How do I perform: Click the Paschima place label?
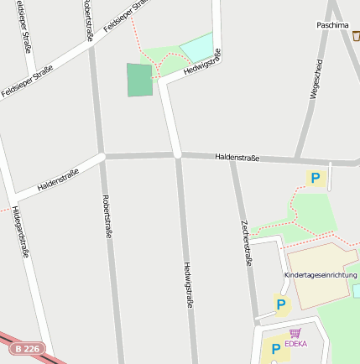tap(333, 25)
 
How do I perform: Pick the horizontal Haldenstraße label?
tap(237, 157)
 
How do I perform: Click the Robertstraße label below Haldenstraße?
tap(107, 217)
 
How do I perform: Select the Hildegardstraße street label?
tap(21, 231)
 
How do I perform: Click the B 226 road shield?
tap(26, 347)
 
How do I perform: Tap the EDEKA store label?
tap(295, 344)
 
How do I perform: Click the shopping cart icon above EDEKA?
tap(295, 333)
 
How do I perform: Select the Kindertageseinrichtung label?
tap(321, 275)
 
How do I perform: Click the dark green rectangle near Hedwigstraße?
tap(139, 80)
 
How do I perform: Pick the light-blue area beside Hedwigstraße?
tap(196, 47)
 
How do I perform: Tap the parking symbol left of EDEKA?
tap(275, 348)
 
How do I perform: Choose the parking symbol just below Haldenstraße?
tap(316, 178)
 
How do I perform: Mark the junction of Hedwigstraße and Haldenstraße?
tap(178, 155)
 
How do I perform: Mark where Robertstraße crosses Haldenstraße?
tap(102, 156)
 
